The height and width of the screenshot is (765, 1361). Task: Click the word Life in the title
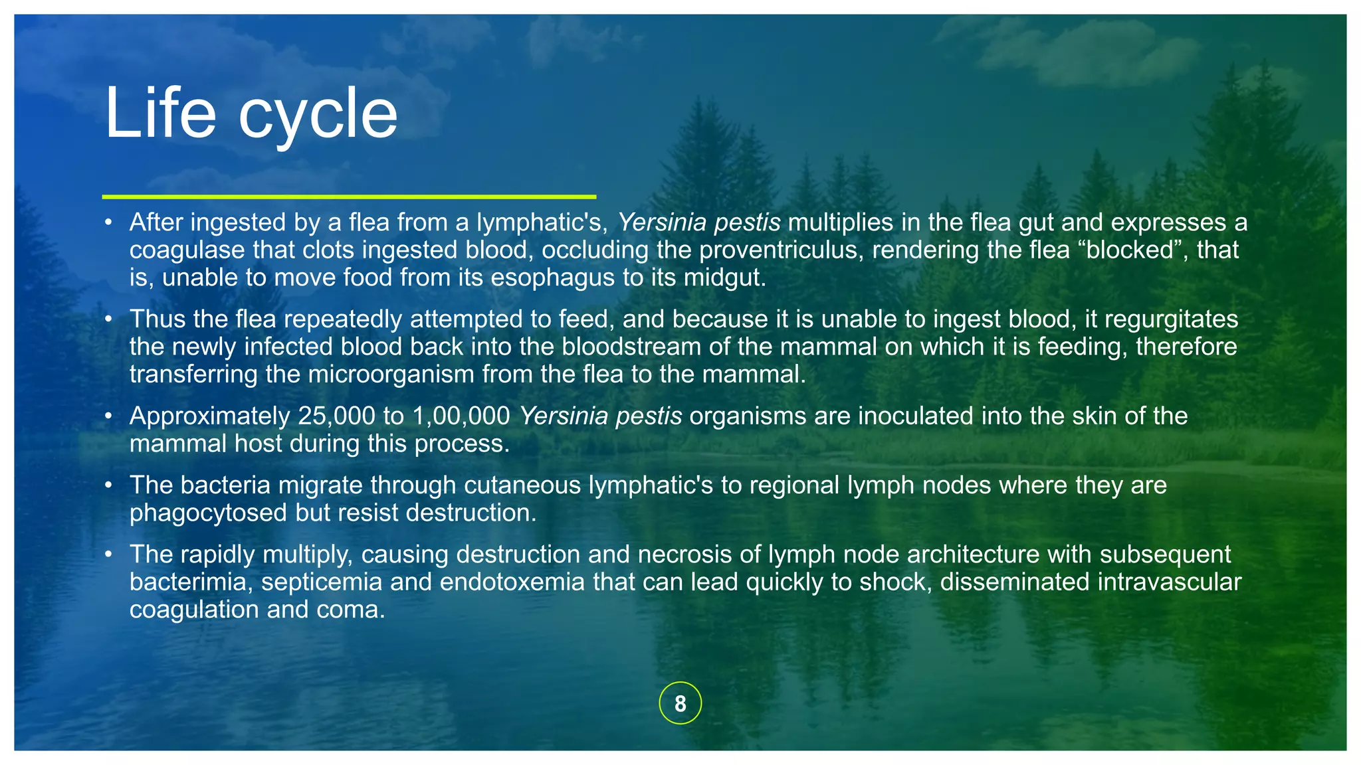pyautogui.click(x=160, y=114)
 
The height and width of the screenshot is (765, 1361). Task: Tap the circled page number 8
pyautogui.click(x=680, y=703)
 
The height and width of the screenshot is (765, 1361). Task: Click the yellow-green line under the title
pyautogui.click(x=349, y=197)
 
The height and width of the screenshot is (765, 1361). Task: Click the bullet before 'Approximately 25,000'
pyautogui.click(x=108, y=416)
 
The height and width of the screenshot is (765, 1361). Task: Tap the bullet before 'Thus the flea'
pyautogui.click(x=108, y=319)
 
